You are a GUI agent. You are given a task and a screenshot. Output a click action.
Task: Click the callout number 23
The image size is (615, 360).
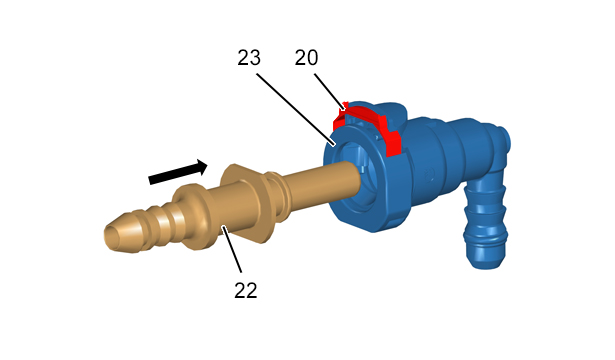click(249, 58)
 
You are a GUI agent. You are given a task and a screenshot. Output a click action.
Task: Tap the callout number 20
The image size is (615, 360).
click(306, 58)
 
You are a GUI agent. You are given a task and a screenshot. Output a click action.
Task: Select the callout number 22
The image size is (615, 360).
click(246, 291)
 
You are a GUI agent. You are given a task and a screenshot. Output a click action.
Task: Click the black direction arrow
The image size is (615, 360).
click(178, 172)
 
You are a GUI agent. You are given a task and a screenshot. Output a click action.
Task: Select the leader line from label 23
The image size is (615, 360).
click(296, 109)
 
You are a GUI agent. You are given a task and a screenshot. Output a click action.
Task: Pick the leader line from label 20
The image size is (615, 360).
click(330, 92)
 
